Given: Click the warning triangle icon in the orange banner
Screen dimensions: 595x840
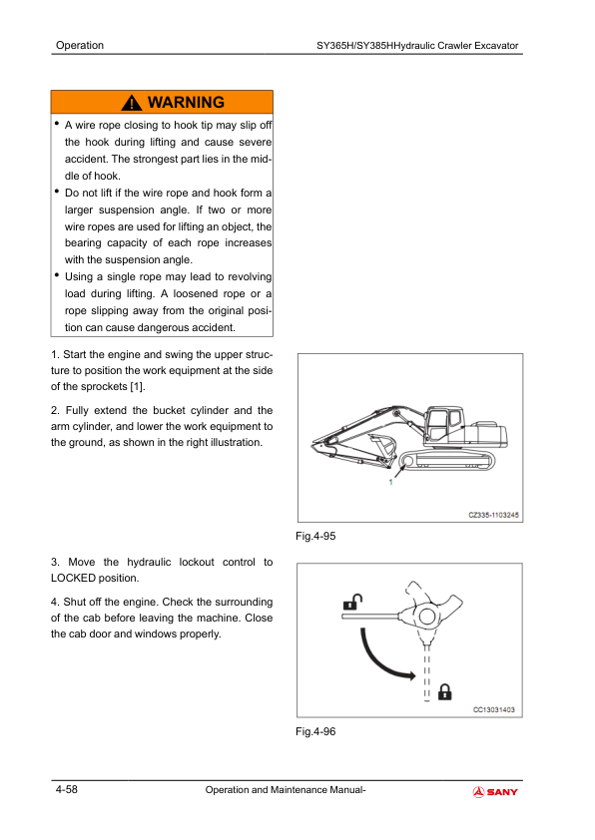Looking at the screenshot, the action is click(x=132, y=103).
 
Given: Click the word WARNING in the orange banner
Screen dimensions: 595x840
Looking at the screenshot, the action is click(x=186, y=102).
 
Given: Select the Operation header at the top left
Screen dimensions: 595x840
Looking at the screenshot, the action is click(x=80, y=45).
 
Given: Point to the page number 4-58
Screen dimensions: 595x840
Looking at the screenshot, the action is click(x=67, y=789).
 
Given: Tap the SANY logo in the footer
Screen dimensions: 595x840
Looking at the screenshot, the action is click(x=495, y=792).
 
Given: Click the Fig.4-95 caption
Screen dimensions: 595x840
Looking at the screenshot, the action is click(x=315, y=536).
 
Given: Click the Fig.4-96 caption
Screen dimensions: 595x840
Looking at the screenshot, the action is click(x=315, y=731).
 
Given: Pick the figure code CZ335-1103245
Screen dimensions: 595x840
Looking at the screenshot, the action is click(x=494, y=515).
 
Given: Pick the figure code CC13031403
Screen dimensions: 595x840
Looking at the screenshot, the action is click(x=494, y=710).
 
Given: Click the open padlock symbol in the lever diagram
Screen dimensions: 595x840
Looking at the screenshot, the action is click(x=352, y=603).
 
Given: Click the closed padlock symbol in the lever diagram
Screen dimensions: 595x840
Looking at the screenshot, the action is click(x=445, y=692).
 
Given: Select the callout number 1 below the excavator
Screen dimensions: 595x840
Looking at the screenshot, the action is click(x=390, y=482).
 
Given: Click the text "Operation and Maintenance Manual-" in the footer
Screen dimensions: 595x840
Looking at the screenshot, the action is click(x=286, y=790).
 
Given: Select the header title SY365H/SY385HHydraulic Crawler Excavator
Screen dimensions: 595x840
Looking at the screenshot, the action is click(x=417, y=46).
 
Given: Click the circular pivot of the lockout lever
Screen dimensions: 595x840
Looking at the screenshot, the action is click(x=427, y=617).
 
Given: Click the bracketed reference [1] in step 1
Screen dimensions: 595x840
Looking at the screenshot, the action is click(x=138, y=386).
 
